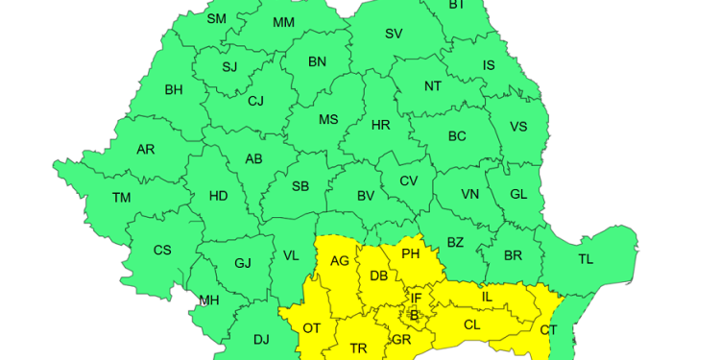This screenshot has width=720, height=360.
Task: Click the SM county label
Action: (217, 18)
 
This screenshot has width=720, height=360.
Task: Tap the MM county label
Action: (283, 22)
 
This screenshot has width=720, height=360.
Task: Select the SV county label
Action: (394, 34)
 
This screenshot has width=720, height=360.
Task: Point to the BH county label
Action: (174, 90)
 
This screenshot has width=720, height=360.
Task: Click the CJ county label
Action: (255, 101)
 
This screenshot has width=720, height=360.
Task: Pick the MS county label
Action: (328, 120)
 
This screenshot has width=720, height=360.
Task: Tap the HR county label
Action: (380, 125)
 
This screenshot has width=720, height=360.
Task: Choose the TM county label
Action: (121, 198)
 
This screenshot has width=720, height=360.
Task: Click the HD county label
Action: (219, 196)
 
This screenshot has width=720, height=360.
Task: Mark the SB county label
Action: (300, 186)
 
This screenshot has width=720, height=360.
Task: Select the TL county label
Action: (586, 259)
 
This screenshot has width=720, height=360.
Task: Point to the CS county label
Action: (162, 251)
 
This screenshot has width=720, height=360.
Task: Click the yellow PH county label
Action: (410, 254)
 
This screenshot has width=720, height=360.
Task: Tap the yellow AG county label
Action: (340, 260)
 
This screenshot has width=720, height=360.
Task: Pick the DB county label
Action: (378, 276)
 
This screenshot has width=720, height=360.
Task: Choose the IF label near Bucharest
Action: (416, 298)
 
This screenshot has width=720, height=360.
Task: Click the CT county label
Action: (548, 330)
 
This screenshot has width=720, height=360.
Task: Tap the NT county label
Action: (433, 86)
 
